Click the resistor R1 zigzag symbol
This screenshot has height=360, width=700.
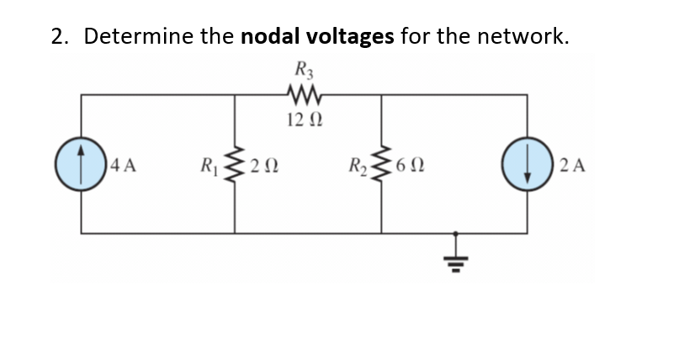[x=234, y=163]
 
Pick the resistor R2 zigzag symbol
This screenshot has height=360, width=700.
[x=382, y=163]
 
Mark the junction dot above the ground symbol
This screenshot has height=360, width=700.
[x=457, y=234]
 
